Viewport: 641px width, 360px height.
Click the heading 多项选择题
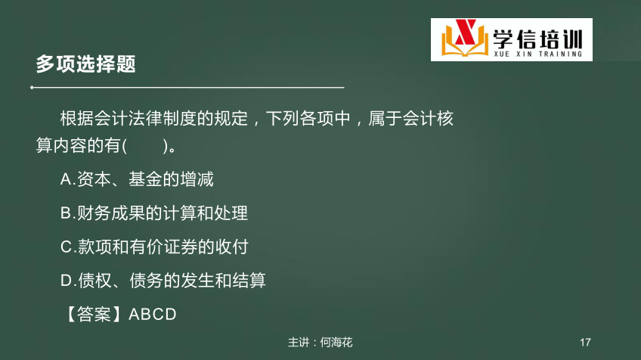pyautogui.click(x=86, y=64)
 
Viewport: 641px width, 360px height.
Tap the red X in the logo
pyautogui.click(x=465, y=33)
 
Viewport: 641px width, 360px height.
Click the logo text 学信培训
pyautogui.click(x=537, y=39)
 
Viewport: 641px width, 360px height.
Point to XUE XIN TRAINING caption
pyautogui.click(x=537, y=54)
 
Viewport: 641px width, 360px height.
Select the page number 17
pyautogui.click(x=585, y=343)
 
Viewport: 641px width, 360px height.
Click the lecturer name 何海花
pyautogui.click(x=336, y=343)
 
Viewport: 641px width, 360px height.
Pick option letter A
pyautogui.click(x=67, y=179)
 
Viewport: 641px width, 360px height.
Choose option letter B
pyautogui.click(x=67, y=213)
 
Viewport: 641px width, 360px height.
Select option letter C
pyautogui.click(x=67, y=247)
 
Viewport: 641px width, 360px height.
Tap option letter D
pyautogui.click(x=67, y=281)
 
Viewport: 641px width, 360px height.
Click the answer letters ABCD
pyautogui.click(x=153, y=315)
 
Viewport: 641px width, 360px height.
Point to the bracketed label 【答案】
pyautogui.click(x=94, y=314)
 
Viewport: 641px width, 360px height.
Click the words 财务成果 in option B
pyautogui.click(x=111, y=213)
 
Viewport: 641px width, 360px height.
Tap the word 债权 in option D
pyautogui.click(x=94, y=281)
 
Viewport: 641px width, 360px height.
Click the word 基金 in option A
pyautogui.click(x=146, y=179)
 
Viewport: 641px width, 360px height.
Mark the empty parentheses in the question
pyautogui.click(x=145, y=146)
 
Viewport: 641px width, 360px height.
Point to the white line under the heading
pyautogui.click(x=187, y=87)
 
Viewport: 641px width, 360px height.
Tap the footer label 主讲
pyautogui.click(x=299, y=343)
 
